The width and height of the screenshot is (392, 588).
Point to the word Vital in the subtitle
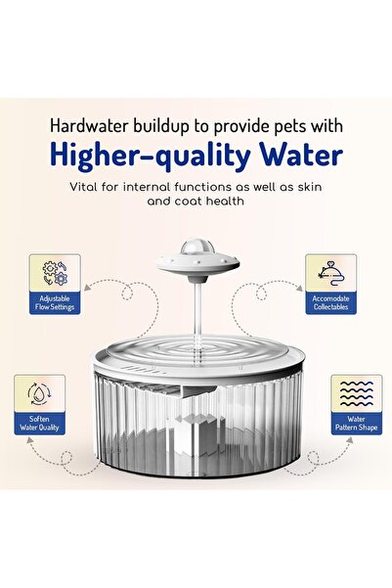(83, 186)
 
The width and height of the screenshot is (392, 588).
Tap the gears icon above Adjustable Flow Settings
(55, 273)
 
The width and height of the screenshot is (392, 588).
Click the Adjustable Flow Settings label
(55, 303)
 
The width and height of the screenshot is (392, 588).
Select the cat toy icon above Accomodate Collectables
(331, 274)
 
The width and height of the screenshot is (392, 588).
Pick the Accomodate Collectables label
(331, 303)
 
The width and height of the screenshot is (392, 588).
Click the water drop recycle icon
(40, 393)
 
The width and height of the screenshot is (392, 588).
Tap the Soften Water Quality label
(39, 424)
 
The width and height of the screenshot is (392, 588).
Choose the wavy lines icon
(357, 393)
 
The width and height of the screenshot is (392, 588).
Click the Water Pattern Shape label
(357, 424)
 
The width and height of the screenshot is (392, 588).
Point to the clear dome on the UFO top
(197, 246)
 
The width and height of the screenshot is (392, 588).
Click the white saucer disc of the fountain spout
(197, 263)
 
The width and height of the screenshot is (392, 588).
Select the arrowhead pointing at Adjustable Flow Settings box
(87, 288)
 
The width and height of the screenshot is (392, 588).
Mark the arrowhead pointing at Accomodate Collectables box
(299, 288)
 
